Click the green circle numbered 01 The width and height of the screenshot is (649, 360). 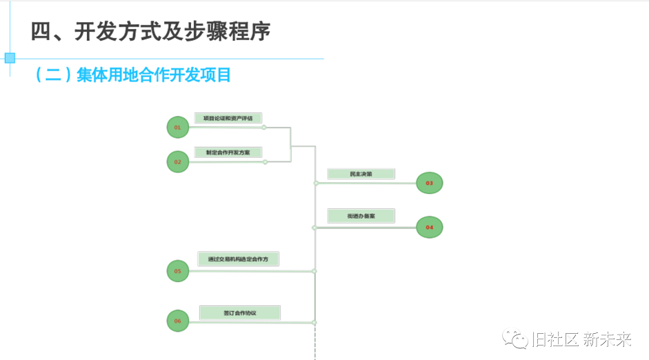(x=177, y=128)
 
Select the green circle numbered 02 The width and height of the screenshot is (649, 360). (x=177, y=162)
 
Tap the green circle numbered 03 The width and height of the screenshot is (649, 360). (x=429, y=183)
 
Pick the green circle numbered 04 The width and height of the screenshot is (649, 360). (x=429, y=227)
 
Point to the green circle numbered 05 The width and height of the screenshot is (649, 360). (x=177, y=271)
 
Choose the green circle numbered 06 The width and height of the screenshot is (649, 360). (x=177, y=321)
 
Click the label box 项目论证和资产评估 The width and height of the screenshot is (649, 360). (x=228, y=118)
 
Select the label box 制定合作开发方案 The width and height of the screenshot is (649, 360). (x=228, y=152)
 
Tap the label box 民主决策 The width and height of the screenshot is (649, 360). (x=361, y=174)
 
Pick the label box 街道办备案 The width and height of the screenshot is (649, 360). (x=361, y=216)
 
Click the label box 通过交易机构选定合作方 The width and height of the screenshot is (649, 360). (x=238, y=259)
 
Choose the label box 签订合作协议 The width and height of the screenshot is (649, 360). (x=240, y=312)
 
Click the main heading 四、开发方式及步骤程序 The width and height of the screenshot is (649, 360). (x=150, y=32)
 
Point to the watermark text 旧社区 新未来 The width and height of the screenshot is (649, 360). (x=581, y=339)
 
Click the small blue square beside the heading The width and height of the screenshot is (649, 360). (x=10, y=58)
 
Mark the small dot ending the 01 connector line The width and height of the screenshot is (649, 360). (x=264, y=128)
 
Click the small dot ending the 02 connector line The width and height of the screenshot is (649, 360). (x=266, y=162)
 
